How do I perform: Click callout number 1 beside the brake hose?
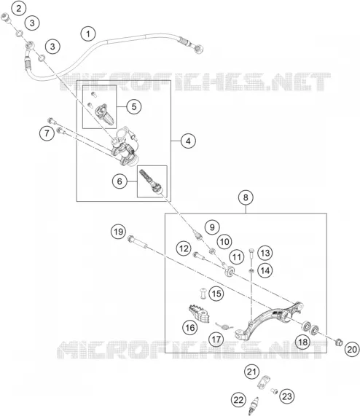coord(88,34)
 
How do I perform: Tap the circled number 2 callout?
coord(18,8)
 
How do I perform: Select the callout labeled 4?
coord(188,141)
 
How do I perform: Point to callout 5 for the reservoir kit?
coord(134,106)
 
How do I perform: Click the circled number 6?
coord(120,181)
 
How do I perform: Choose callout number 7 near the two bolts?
coord(47,133)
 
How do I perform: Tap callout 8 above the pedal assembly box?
coord(246,197)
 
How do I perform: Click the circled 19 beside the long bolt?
coord(118,232)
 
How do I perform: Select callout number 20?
coord(352,349)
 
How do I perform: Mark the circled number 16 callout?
coord(190,328)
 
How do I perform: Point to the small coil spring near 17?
coord(224,326)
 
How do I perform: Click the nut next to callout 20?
coord(339,342)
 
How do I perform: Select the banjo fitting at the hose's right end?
coord(198,49)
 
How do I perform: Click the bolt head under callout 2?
coord(5,17)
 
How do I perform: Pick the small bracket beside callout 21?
coord(263,382)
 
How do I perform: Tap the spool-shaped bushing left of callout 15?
coord(203,293)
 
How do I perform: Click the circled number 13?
coord(265,253)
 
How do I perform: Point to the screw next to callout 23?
coord(274,391)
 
